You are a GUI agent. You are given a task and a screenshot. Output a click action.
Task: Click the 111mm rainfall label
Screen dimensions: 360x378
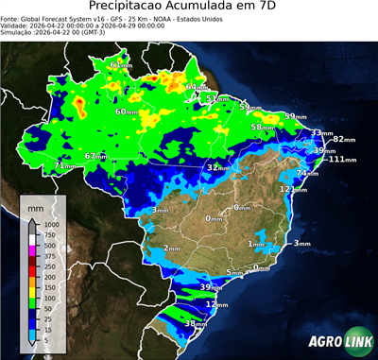342,160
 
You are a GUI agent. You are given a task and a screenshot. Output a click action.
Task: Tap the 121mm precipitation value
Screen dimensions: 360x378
291,189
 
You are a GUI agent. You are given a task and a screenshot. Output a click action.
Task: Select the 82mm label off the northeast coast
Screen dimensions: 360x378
343,139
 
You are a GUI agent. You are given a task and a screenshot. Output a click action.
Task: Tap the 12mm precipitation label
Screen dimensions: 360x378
217,305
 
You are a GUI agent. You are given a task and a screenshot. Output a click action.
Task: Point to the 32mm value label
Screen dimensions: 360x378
218,167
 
